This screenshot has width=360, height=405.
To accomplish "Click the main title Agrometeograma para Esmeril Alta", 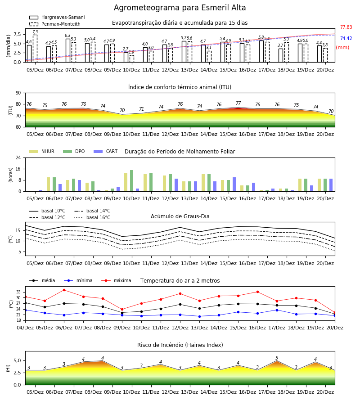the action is (180, 8).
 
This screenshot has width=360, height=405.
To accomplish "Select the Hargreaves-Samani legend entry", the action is (57, 17).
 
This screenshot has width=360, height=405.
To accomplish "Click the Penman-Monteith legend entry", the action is (55, 24).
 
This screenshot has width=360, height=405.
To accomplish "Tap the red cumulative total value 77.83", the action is (346, 27).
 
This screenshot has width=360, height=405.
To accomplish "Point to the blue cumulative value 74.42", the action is (346, 39).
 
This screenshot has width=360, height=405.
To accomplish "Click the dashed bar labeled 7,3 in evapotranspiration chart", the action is (35, 49).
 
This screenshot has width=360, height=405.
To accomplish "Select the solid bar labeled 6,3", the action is (68, 50).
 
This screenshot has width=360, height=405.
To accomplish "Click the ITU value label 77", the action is (238, 103).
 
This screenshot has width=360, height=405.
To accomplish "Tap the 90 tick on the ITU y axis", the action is (18, 93).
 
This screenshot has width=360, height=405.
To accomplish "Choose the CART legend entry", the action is (105, 151).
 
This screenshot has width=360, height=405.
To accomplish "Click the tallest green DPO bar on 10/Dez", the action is (131, 181).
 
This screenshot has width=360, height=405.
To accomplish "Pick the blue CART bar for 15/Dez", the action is (234, 184).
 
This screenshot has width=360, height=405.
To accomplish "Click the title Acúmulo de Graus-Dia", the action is (180, 216).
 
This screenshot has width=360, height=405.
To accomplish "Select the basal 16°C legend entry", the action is (92, 217).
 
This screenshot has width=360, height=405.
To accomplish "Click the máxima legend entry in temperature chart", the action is (116, 280).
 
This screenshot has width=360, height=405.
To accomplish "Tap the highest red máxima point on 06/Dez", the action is (64, 290).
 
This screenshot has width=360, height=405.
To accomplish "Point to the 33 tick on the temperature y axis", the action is (18, 292).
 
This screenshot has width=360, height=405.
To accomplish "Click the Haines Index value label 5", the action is (277, 358).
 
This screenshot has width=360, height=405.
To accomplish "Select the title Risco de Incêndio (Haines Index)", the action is (180, 345).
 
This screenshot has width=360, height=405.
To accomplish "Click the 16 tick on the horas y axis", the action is (18, 169).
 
